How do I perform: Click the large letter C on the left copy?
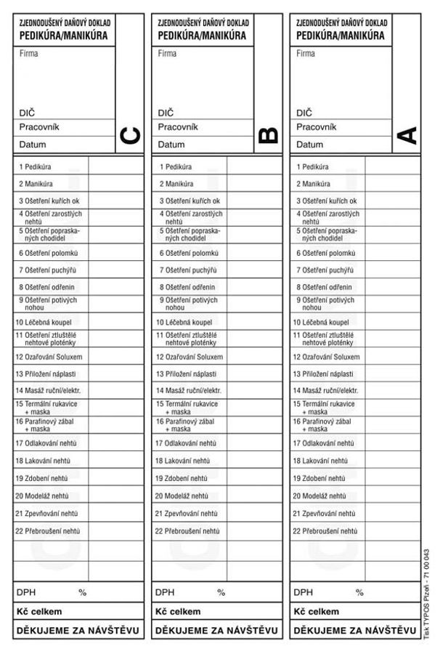129,136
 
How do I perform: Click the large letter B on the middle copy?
268,136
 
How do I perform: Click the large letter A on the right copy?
407,136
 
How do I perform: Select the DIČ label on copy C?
26,113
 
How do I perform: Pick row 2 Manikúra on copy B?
174,184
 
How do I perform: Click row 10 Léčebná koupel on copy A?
324,322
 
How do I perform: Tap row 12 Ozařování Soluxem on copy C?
49,357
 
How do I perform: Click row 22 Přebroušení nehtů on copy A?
328,531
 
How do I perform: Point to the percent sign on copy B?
221,593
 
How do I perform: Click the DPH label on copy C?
25,593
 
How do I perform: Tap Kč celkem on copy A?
317,612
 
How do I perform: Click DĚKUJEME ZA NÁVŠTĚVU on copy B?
216,630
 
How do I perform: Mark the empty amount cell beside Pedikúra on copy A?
391,166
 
